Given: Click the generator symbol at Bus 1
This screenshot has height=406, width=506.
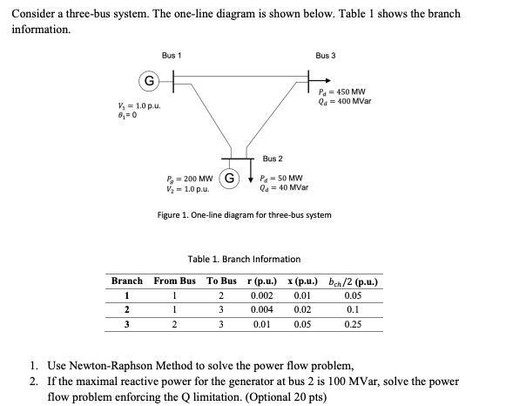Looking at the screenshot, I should (x=149, y=83).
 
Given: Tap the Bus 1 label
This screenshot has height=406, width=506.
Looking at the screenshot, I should (x=172, y=56).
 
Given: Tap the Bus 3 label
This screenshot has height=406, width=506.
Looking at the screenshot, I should (x=326, y=56).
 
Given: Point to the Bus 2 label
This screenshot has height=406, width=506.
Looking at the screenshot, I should (x=273, y=159).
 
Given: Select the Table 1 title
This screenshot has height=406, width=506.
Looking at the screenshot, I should (x=244, y=259).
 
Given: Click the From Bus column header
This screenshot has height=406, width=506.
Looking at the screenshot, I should (x=174, y=281).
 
